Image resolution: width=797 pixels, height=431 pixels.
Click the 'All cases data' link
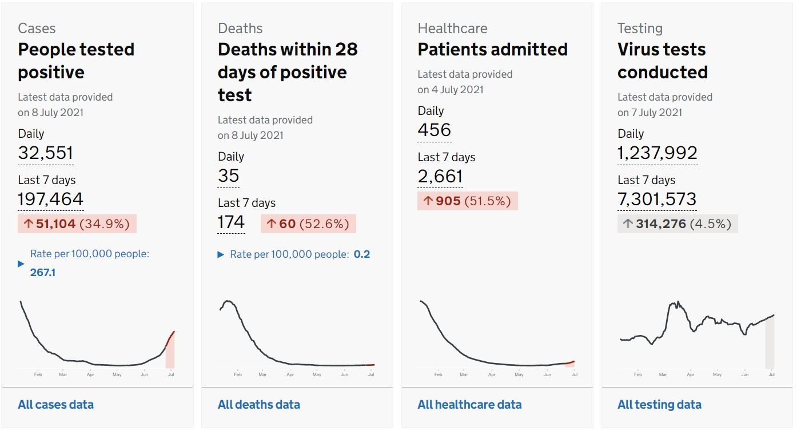(x=56, y=405)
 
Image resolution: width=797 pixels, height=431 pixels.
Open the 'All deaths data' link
(x=259, y=405)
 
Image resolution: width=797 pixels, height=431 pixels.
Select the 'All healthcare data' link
(x=469, y=405)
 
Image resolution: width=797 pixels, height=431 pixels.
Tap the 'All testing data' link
(x=659, y=405)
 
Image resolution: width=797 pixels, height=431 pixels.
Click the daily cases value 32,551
(x=46, y=153)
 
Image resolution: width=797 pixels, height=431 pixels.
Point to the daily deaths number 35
(x=229, y=175)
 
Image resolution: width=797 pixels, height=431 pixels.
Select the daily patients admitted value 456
(x=435, y=130)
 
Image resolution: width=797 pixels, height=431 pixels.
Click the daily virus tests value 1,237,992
(x=657, y=153)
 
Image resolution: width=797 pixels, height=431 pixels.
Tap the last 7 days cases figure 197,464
(x=50, y=199)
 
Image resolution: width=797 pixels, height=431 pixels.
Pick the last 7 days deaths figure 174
(x=232, y=222)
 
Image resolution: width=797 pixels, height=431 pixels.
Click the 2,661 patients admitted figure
(x=440, y=176)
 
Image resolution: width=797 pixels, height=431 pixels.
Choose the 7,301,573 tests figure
(x=657, y=199)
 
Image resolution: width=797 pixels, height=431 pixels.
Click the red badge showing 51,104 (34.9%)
(x=77, y=224)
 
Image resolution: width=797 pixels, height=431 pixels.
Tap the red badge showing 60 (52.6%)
(x=309, y=224)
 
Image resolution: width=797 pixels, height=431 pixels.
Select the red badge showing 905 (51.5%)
(x=468, y=201)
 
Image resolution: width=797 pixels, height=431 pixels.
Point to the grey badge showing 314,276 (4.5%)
(x=678, y=224)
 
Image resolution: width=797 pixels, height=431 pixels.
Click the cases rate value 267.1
(x=43, y=273)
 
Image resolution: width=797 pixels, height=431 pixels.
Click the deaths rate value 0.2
(x=362, y=254)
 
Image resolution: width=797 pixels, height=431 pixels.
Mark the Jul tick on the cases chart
(x=171, y=374)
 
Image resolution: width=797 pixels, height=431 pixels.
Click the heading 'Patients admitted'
(x=493, y=49)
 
